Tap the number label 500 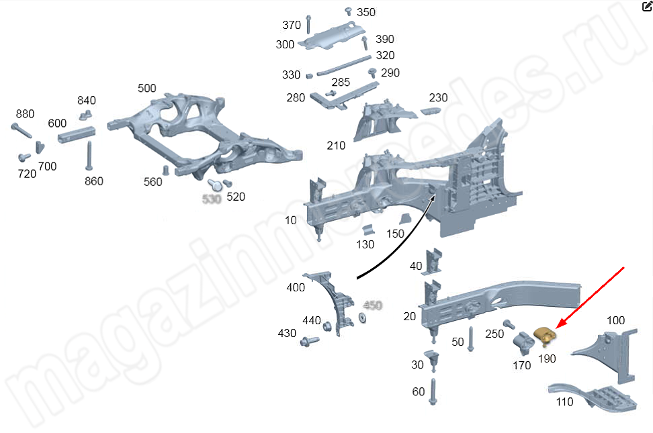146,88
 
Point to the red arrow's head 559,326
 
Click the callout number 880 25,113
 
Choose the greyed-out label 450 372,305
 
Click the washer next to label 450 361,316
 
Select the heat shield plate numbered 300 330,38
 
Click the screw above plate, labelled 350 349,11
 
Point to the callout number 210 336,146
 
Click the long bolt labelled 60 435,391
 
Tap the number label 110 564,402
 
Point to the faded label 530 212,199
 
